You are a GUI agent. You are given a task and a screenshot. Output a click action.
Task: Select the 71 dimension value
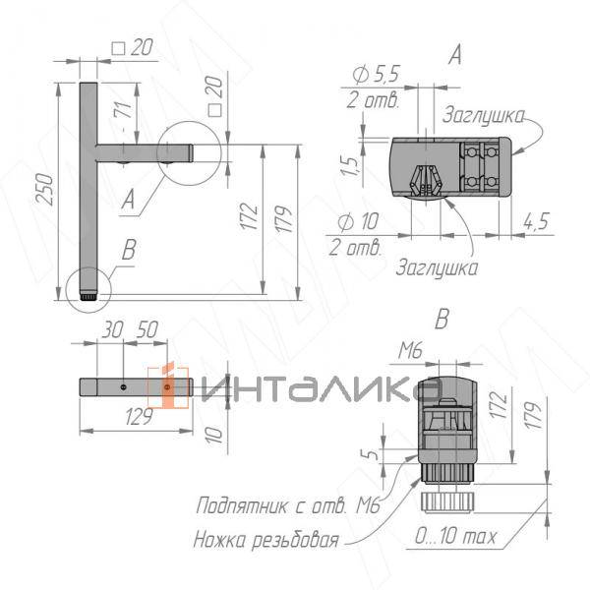(x=123, y=108)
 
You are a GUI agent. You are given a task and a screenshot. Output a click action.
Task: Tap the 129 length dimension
(x=139, y=418)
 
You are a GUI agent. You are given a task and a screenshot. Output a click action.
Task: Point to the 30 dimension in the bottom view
(x=110, y=331)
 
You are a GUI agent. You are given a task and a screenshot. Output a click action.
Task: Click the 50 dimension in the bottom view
(x=147, y=331)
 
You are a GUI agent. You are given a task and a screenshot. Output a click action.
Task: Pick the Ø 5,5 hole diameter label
(x=374, y=75)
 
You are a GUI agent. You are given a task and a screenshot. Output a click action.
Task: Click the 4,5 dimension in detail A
(x=537, y=220)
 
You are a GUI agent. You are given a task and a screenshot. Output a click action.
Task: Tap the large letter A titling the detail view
(x=453, y=56)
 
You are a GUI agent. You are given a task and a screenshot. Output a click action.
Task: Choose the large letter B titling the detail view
(x=442, y=319)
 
